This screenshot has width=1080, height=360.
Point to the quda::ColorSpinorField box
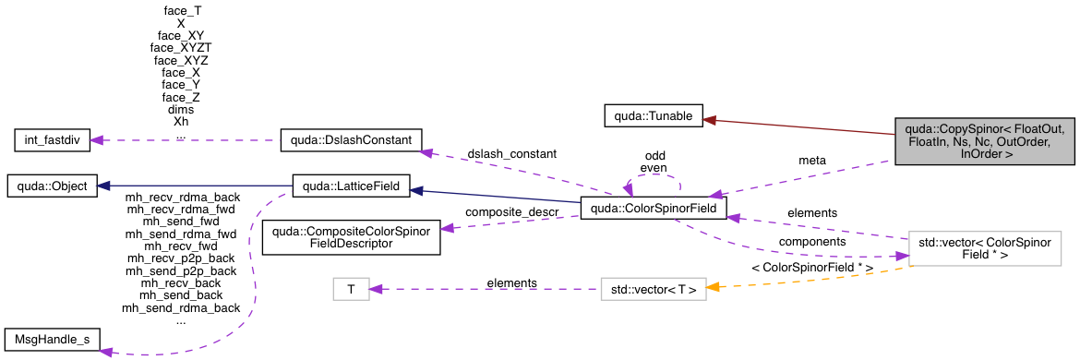coord(654,208)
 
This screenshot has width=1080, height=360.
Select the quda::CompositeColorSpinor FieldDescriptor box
coord(350,236)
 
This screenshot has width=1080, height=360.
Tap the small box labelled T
coord(351,290)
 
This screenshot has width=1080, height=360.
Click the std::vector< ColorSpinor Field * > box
coord(984,248)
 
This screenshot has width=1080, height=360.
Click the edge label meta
coord(811,160)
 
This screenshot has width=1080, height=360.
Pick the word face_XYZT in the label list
coord(181,45)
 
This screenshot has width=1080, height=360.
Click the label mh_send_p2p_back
coord(181,271)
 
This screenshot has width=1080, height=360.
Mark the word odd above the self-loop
coord(655,155)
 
